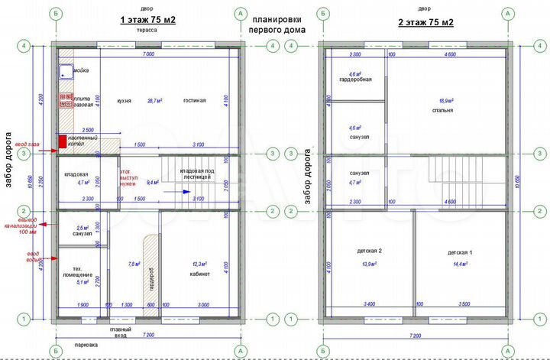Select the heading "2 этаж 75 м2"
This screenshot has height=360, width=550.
tap(427, 22)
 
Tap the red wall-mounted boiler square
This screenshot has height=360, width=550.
tap(63, 141)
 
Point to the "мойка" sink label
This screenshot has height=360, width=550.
tap(80, 70)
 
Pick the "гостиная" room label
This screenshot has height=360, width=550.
tap(195, 100)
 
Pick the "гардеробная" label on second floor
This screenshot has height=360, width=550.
tap(355, 79)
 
